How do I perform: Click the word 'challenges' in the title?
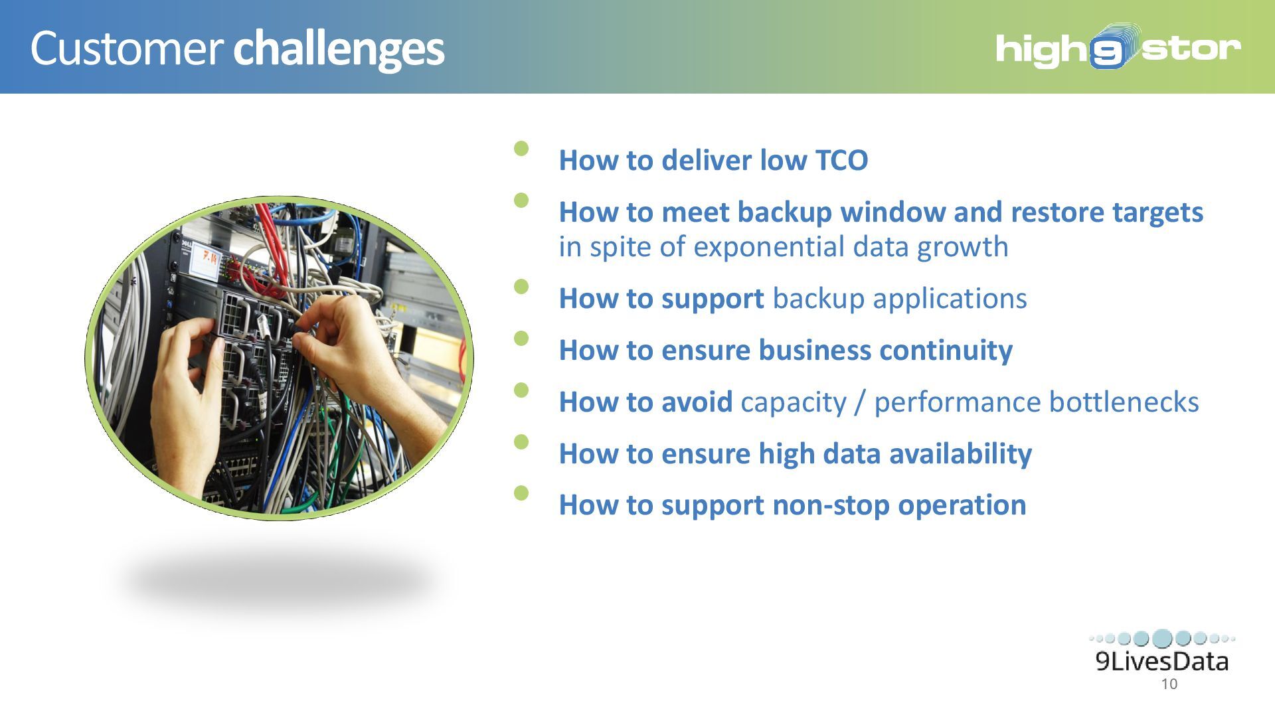(339, 50)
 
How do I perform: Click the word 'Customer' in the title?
(126, 48)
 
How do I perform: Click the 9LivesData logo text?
(1162, 661)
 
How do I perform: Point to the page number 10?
(1169, 684)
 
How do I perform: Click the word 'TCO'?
(841, 161)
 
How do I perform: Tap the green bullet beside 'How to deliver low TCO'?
(521, 148)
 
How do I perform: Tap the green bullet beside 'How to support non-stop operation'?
(521, 493)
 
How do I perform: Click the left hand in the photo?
(189, 398)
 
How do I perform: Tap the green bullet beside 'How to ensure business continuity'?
(521, 338)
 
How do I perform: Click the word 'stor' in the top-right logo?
(1191, 49)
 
